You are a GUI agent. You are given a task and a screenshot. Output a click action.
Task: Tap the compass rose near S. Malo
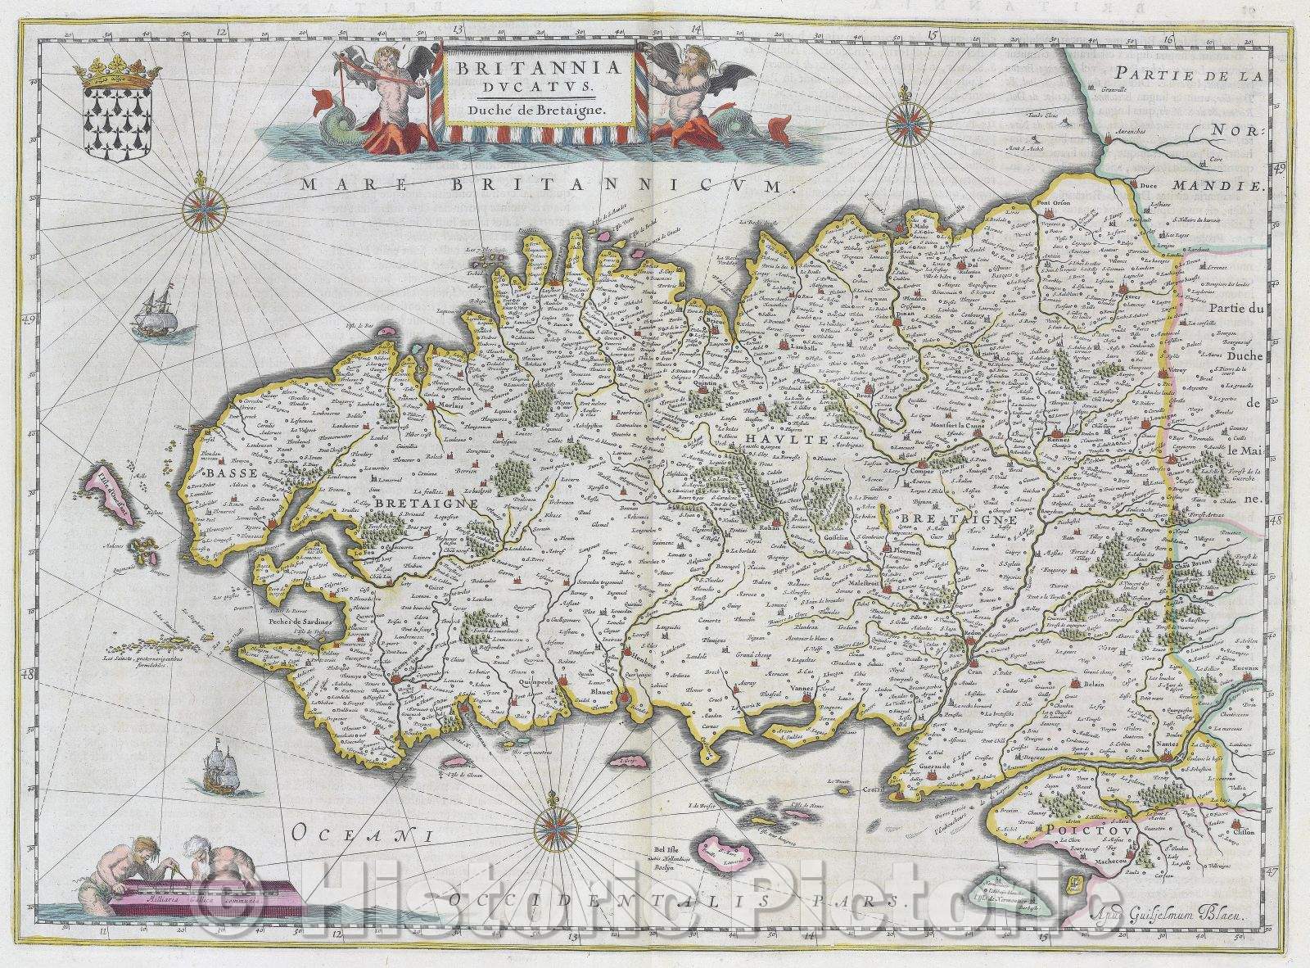(x=904, y=120)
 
